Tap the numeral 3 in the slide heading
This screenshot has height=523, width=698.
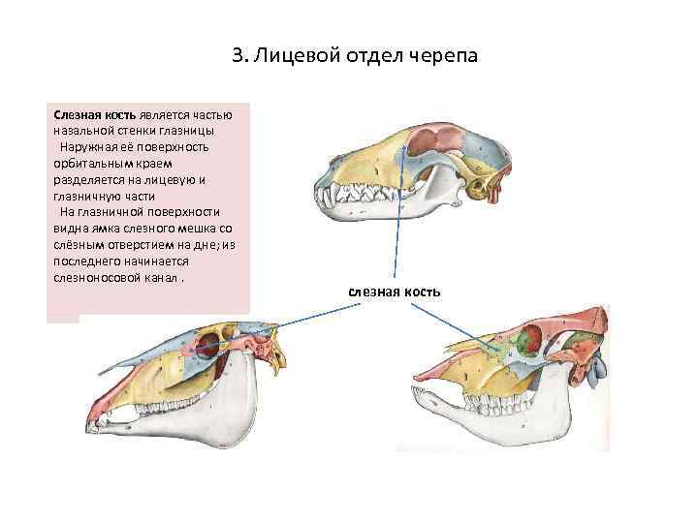(238, 56)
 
